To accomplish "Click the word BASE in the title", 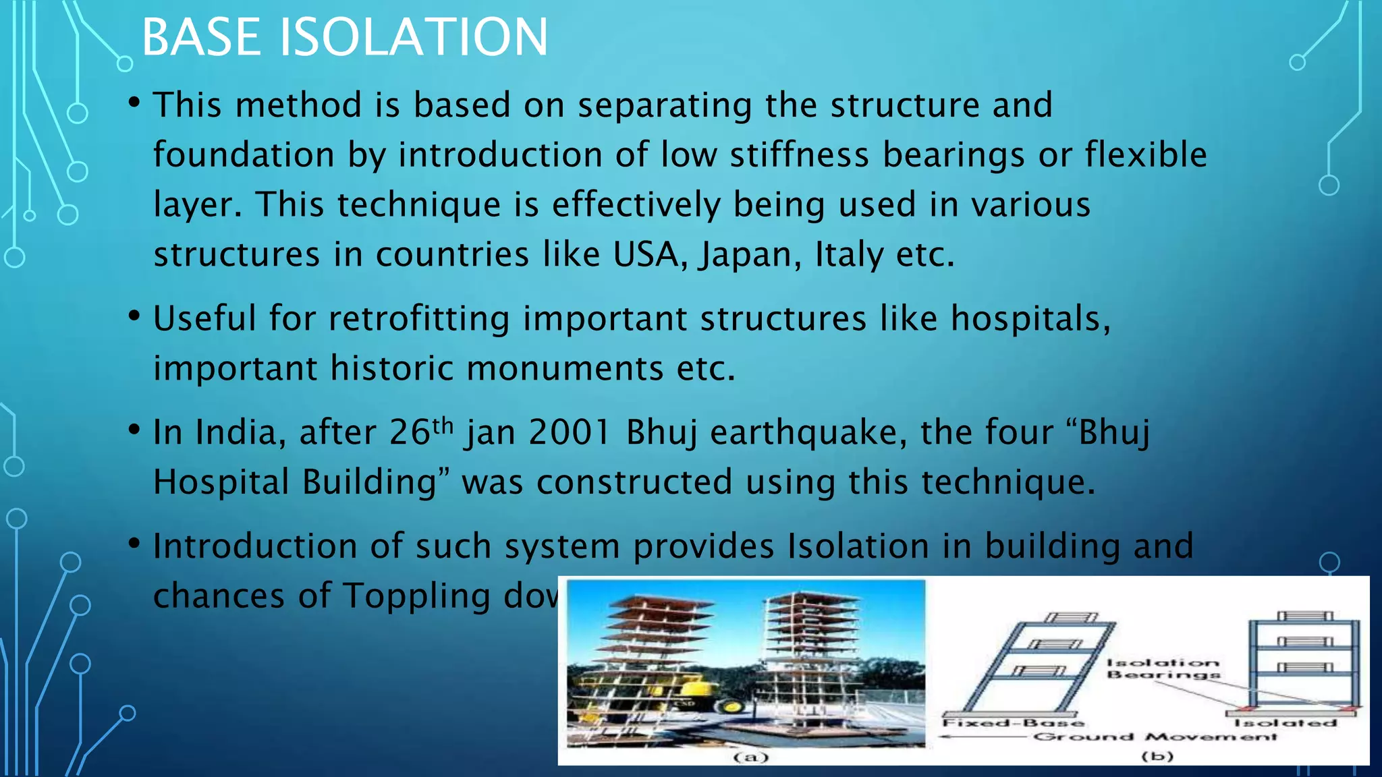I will [x=201, y=37].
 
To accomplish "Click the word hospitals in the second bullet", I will [x=1028, y=319].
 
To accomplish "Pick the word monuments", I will [x=565, y=369].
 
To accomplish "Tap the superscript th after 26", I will [x=443, y=425].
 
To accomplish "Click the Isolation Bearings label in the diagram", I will [x=1163, y=668].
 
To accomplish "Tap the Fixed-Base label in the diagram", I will [x=1012, y=723].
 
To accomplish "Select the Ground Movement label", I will [x=1155, y=737].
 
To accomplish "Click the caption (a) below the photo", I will [x=750, y=757].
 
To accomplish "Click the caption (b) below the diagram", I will [x=1157, y=757].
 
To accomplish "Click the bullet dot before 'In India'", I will [x=134, y=430].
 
